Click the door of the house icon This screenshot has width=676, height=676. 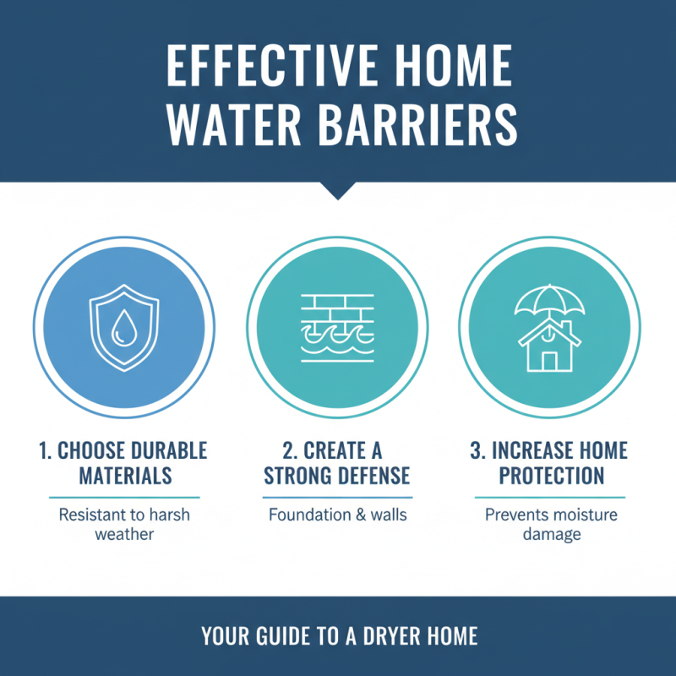coord(550,361)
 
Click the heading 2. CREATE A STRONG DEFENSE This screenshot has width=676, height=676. coord(337,462)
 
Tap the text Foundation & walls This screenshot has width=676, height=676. coord(337,515)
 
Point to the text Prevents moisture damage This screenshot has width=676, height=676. coord(550,524)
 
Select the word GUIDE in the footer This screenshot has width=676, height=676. coord(285,636)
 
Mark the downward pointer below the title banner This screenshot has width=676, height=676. coord(338,191)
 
